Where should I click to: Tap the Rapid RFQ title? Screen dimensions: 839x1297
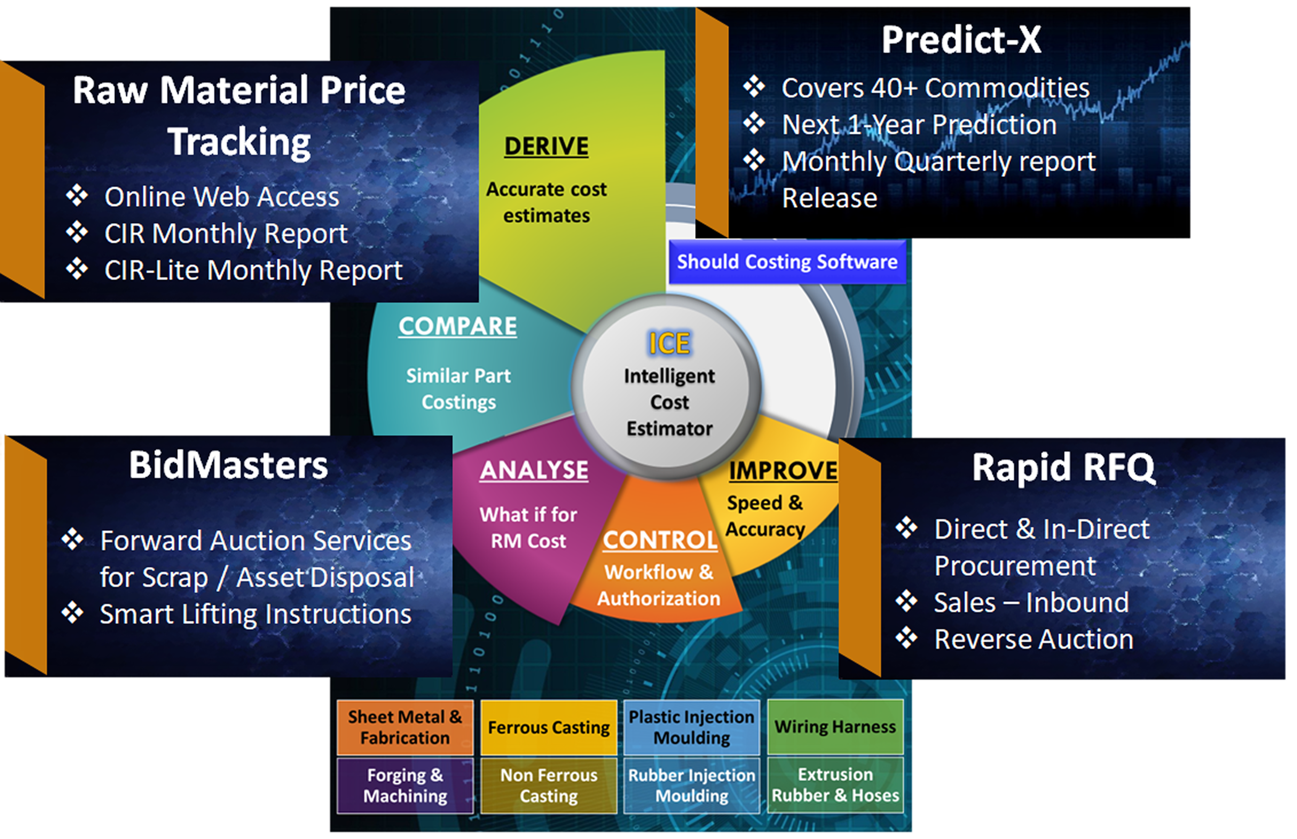tap(1063, 467)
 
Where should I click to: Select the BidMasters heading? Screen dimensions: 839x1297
tap(228, 465)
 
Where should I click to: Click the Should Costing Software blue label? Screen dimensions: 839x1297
tap(787, 262)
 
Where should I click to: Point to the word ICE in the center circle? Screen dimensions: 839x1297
tap(669, 343)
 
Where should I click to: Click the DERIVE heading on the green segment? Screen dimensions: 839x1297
tap(546, 146)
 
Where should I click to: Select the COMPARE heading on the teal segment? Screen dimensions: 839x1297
tap(458, 326)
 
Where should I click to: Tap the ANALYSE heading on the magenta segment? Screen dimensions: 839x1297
tap(534, 470)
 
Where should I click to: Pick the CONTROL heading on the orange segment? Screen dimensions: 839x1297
tap(660, 541)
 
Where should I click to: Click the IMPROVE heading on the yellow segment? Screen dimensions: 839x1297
tap(783, 471)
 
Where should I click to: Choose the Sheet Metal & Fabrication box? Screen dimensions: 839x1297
tap(405, 727)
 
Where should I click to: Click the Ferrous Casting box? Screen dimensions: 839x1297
tap(549, 727)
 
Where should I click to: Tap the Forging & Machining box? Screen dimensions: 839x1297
tap(405, 786)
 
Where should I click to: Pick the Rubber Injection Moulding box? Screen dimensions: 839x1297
tap(692, 786)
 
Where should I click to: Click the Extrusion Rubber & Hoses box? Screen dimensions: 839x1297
tap(835, 785)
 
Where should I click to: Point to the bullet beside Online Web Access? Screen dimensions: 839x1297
tap(77, 196)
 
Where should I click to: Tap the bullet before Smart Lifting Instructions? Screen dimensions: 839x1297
tap(73, 613)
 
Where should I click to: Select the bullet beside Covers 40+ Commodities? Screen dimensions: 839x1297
tap(754, 87)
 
